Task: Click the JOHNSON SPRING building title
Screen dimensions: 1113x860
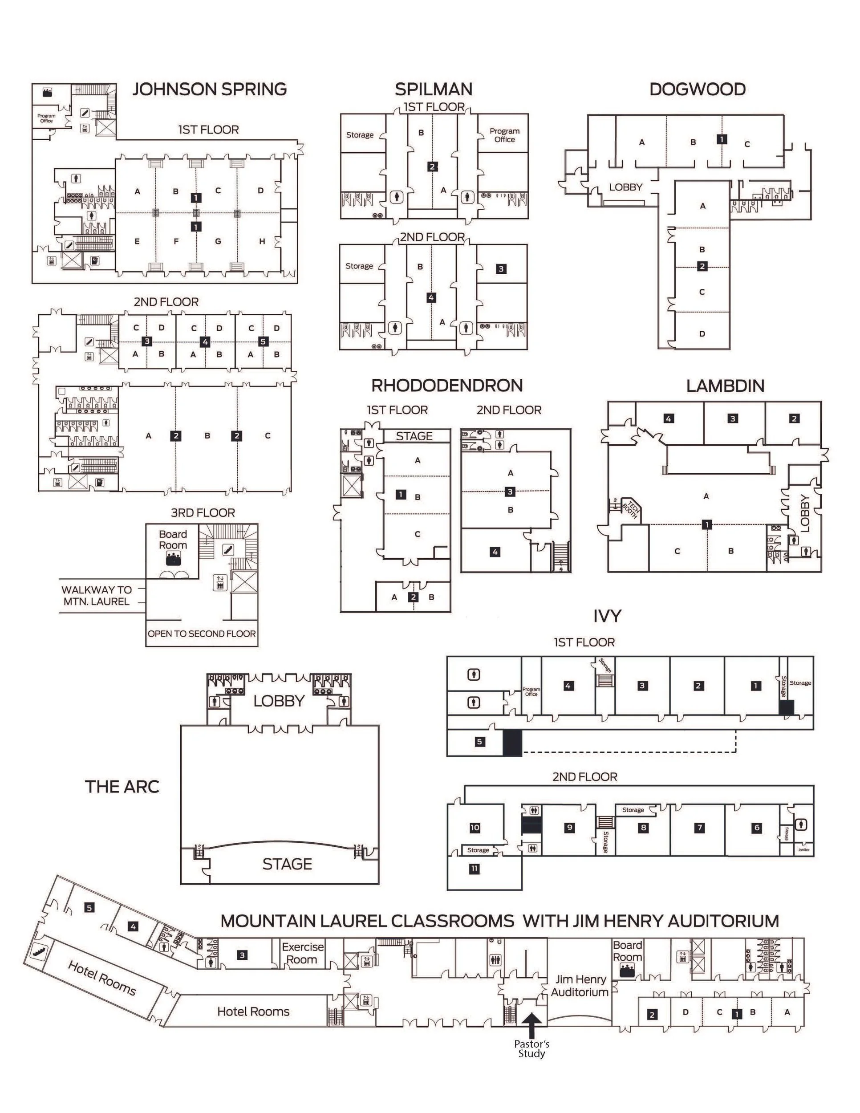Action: (x=209, y=89)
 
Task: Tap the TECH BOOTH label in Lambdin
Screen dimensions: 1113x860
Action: (x=630, y=510)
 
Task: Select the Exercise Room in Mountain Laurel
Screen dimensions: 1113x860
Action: (x=303, y=953)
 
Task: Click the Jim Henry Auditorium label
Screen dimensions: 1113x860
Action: (x=579, y=986)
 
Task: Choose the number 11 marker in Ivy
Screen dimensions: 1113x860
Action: (x=475, y=869)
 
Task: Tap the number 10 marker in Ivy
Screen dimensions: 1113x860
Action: (x=475, y=828)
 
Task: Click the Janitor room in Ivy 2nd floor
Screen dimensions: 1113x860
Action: (x=803, y=849)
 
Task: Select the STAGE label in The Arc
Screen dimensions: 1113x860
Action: (x=287, y=864)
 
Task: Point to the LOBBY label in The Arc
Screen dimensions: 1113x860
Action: (x=278, y=701)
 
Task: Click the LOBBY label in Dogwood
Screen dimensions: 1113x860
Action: (x=626, y=187)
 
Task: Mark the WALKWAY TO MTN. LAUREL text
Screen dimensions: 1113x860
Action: (x=96, y=595)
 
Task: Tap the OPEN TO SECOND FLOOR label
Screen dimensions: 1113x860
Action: (x=202, y=634)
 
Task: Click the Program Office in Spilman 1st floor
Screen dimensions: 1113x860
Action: (x=504, y=135)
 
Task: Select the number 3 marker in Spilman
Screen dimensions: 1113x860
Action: (x=501, y=269)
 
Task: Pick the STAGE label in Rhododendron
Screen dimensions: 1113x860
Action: (x=414, y=436)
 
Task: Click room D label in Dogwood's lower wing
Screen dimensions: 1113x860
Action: (x=702, y=334)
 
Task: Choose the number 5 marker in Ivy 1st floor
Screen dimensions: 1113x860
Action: (x=479, y=742)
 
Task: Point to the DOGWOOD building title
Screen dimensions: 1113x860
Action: (x=698, y=89)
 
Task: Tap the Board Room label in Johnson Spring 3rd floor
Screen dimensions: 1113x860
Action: (x=173, y=540)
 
